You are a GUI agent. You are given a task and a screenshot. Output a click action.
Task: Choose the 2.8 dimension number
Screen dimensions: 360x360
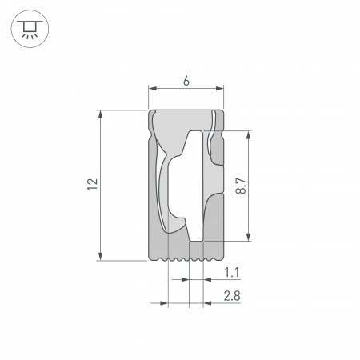(231, 297)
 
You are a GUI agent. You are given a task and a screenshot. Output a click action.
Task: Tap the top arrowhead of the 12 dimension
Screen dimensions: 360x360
(101, 114)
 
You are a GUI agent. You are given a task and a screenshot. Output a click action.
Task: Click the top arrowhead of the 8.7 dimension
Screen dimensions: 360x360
(250, 135)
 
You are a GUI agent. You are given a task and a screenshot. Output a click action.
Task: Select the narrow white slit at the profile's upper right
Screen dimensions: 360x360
(212, 140)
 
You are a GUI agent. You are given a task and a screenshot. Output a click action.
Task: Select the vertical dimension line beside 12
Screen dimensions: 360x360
(101, 185)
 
